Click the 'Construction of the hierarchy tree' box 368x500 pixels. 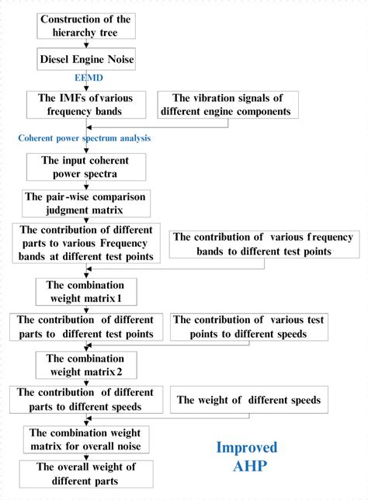86,25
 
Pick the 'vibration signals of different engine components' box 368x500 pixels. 227,105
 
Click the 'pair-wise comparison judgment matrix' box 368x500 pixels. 86,203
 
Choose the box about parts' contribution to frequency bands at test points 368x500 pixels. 86,242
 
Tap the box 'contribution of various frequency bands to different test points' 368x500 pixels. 262,245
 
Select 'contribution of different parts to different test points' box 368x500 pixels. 86,327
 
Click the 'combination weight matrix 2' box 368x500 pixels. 86,364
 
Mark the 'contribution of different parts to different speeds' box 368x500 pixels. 86,400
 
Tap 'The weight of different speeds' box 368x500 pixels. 248,400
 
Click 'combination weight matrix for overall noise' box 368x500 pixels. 86,438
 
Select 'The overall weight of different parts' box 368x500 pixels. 86,473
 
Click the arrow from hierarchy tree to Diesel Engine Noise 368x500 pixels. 86,43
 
